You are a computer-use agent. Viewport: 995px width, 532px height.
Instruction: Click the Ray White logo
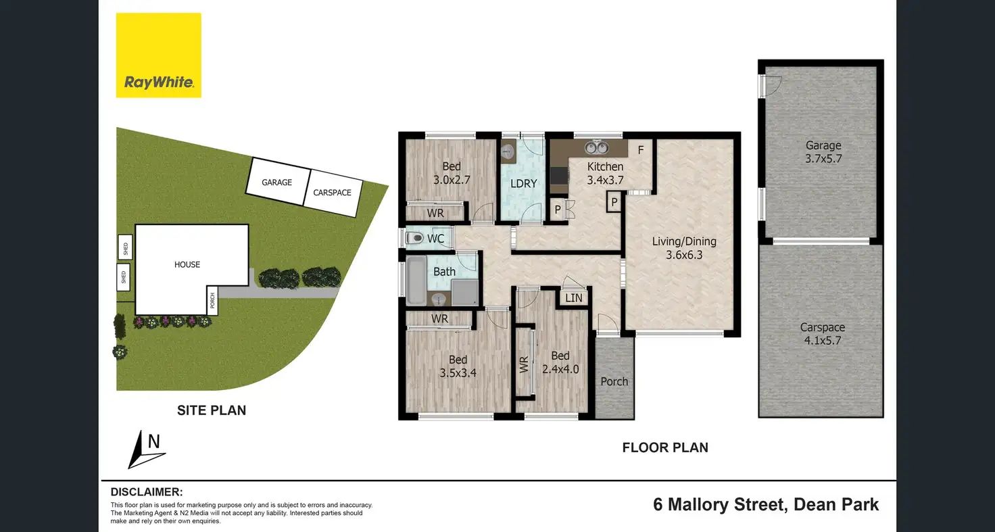click(x=159, y=55)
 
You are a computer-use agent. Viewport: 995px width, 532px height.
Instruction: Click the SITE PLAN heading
click(x=212, y=410)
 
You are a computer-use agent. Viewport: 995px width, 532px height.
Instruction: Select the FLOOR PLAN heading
click(x=665, y=448)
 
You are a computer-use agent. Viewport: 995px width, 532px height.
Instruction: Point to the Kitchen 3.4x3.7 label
click(x=605, y=173)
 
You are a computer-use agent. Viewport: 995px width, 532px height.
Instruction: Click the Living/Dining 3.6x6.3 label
click(x=684, y=248)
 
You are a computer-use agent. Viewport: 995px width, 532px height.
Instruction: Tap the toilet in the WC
click(x=414, y=239)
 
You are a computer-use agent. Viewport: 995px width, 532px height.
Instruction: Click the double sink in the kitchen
click(x=596, y=147)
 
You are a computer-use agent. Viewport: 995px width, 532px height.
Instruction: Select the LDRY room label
click(x=523, y=183)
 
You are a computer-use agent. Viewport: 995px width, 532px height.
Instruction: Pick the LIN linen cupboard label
click(x=573, y=298)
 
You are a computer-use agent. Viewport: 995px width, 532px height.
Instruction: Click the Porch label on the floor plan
click(x=614, y=381)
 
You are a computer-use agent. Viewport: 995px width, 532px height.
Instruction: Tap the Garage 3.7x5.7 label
click(x=823, y=152)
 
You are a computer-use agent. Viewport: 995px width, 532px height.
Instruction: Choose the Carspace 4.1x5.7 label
click(x=822, y=334)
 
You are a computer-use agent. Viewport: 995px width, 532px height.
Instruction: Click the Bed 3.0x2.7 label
click(x=452, y=173)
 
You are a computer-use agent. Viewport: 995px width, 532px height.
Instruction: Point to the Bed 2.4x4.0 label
click(x=560, y=362)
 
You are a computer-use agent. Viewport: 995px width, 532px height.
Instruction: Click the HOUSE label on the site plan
click(x=187, y=265)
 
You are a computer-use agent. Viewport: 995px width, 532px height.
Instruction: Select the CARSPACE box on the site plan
click(x=333, y=193)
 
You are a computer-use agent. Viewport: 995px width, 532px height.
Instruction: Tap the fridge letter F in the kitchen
click(x=641, y=150)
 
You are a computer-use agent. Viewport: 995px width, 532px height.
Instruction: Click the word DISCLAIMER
click(x=147, y=492)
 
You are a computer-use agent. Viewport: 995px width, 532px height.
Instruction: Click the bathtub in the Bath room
click(x=416, y=280)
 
